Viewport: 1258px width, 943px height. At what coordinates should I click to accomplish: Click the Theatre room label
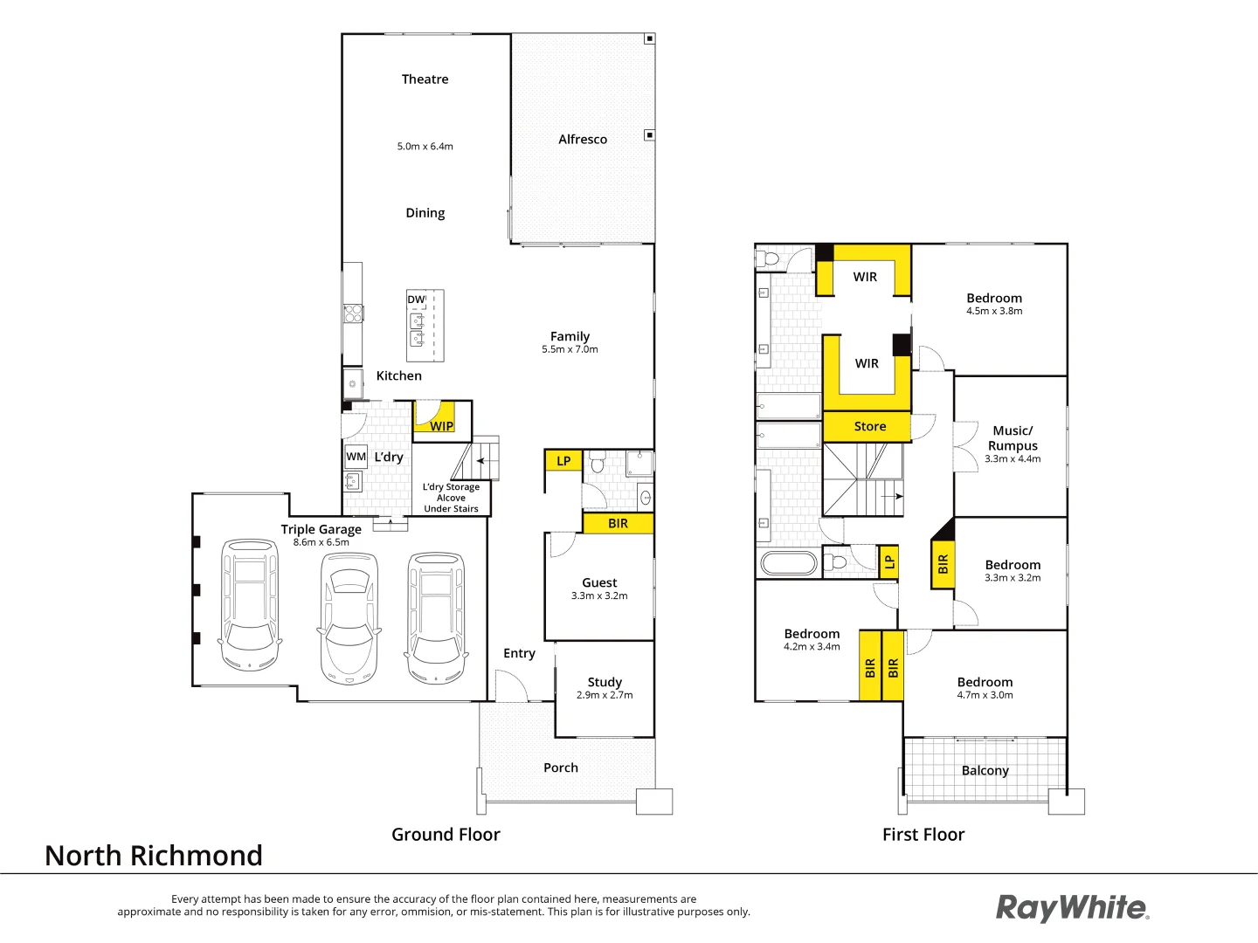[425, 79]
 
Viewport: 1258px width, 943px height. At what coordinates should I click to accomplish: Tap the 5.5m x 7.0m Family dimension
[570, 349]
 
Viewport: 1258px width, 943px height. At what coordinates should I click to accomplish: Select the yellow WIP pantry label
[442, 426]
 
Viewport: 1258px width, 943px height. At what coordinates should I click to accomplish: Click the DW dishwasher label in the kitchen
[416, 299]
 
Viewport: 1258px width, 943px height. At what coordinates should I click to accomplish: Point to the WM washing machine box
[356, 457]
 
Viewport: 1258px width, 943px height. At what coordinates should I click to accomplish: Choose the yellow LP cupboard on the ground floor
[563, 461]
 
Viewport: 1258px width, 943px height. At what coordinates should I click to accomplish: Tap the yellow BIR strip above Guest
[618, 523]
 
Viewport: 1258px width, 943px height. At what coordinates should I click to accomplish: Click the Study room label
[605, 682]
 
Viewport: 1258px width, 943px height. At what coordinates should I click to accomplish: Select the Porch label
[561, 767]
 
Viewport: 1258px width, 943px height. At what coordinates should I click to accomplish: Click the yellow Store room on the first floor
[869, 426]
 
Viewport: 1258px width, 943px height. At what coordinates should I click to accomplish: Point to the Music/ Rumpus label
[1013, 437]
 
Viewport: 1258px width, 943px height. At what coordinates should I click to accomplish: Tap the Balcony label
[985, 770]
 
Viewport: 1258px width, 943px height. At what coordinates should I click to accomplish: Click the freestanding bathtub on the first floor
[789, 563]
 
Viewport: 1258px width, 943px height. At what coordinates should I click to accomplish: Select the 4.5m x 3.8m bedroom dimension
[994, 311]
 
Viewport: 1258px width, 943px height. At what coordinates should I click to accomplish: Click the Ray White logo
[1072, 908]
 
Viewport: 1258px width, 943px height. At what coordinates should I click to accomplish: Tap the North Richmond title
[154, 856]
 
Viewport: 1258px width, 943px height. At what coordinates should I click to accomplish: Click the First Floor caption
[923, 835]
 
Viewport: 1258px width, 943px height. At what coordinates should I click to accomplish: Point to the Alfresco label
[583, 140]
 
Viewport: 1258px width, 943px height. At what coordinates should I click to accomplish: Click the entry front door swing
[511, 685]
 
